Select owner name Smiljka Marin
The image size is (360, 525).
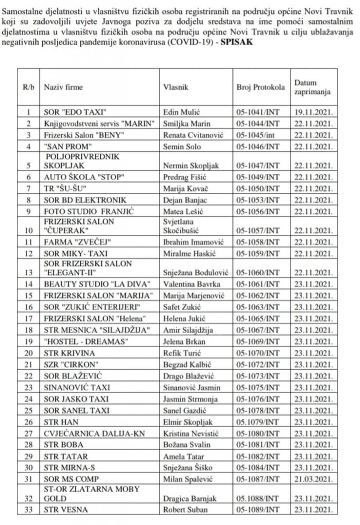tap(187, 124)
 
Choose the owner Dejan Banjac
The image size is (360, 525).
tap(184, 200)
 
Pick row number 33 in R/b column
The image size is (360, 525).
tap(29, 510)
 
